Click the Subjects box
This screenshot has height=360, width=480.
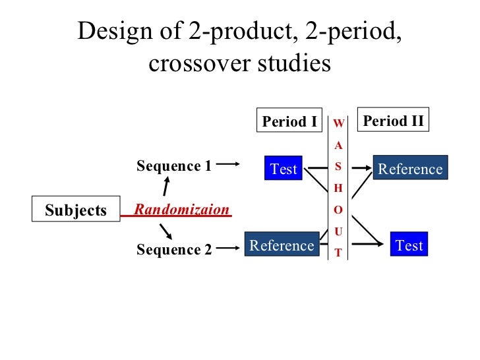[76, 210]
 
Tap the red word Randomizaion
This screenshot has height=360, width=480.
[181, 210]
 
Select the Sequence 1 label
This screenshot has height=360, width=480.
[174, 166]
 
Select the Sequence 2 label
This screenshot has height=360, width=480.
[174, 250]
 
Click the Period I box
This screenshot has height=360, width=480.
[289, 121]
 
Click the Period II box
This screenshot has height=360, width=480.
[393, 121]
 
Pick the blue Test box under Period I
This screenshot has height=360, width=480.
[284, 169]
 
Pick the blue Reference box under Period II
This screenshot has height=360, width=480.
[410, 169]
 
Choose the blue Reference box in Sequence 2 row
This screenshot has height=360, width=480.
[282, 245]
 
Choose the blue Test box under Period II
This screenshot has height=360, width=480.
[409, 245]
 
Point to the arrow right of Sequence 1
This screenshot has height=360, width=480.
[227, 165]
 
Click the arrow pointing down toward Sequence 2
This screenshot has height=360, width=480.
[167, 231]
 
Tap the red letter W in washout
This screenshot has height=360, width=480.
[338, 123]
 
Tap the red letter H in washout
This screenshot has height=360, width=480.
[338, 188]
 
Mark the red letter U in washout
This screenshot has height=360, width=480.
[338, 231]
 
